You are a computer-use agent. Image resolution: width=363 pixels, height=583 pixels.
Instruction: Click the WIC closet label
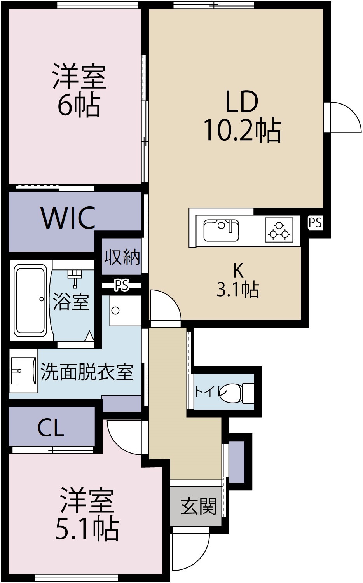68,218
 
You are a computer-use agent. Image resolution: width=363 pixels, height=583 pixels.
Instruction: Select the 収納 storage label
122,257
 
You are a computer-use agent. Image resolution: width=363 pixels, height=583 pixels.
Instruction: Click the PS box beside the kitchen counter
315,223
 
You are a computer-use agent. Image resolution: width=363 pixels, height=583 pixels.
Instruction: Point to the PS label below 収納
121,286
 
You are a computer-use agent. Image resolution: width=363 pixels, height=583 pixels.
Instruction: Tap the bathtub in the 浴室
30,300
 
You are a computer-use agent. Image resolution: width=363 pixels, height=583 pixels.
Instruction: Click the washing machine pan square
125,311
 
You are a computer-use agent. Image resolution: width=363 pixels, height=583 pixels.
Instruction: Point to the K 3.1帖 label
238,280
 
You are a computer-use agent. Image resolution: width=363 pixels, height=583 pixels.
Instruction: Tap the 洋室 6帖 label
79,91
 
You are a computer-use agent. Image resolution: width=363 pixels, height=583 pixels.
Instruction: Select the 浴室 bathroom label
71,301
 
